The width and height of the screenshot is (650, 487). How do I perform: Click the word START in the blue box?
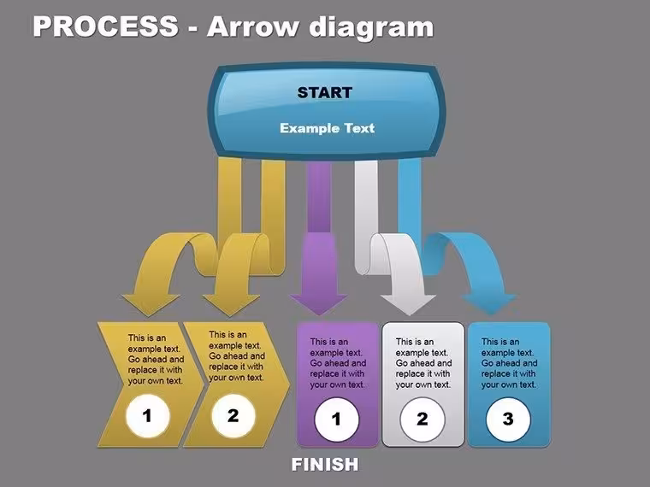point(325,92)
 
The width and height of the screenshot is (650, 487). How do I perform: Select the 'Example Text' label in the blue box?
point(327,128)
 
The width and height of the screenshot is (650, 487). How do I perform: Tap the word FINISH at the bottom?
point(325,464)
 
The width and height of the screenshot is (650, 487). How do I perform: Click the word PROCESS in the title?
point(106,26)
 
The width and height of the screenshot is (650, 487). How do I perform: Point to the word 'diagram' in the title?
point(372,28)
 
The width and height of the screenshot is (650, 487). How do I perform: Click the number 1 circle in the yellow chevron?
point(148,415)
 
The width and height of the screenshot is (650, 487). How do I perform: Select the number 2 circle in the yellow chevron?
point(233,415)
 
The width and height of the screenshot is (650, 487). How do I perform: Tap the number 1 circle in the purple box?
point(337,420)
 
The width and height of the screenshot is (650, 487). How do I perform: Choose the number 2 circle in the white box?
point(422,420)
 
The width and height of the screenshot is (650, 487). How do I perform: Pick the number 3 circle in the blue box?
point(508,420)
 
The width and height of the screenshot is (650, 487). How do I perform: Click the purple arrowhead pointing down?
point(319,304)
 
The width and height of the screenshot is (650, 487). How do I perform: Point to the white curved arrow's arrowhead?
point(408,305)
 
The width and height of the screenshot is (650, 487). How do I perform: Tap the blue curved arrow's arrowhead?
point(490,304)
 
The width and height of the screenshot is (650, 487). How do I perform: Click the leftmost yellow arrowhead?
point(151,305)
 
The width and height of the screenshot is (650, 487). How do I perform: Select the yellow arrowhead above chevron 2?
point(231,305)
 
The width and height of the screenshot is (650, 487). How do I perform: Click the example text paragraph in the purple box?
point(338,363)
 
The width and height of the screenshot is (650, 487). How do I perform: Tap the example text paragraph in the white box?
point(423,363)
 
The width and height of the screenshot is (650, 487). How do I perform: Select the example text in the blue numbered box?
point(509,363)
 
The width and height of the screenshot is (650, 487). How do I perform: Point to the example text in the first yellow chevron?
point(156,359)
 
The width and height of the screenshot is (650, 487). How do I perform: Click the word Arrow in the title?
point(252,26)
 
